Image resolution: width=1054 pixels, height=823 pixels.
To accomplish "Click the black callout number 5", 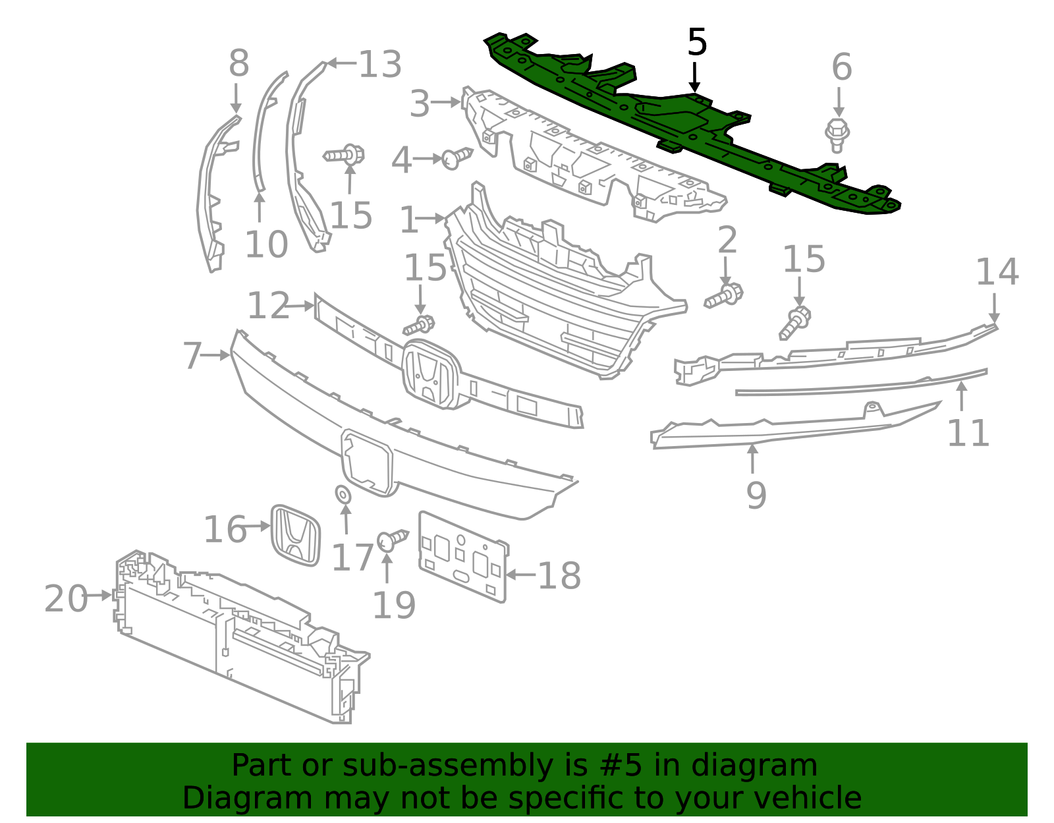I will tap(696, 43).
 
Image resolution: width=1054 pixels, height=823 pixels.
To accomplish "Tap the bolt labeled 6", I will tap(837, 134).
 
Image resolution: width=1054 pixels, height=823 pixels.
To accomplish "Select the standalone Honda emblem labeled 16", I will tap(296, 534).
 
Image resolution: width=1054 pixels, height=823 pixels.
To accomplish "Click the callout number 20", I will tap(65, 598).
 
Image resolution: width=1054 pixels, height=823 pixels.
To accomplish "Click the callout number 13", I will tap(380, 65).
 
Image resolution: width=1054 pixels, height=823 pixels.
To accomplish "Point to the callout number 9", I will tap(756, 495).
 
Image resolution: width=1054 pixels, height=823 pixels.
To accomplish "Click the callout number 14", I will tap(997, 271).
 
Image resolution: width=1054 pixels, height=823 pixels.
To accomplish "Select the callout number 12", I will tap(267, 306).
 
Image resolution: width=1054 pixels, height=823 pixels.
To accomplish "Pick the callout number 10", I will tap(266, 244).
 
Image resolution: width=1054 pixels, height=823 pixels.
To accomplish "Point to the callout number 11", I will tap(968, 433).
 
